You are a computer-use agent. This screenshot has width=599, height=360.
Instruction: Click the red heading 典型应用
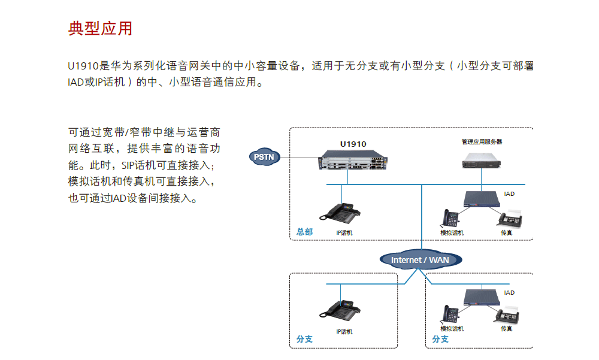coord(100,28)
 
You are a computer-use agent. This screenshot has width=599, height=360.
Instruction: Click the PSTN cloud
coord(264,157)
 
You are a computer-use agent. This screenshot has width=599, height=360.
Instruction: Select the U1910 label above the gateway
coord(353,144)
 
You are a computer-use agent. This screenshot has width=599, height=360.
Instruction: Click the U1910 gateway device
coord(353,162)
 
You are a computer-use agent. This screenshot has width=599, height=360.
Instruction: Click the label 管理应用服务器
coord(482,142)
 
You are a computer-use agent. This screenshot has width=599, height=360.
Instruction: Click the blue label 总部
coord(304,232)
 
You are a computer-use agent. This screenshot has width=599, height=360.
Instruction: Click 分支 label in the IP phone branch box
coord(304,339)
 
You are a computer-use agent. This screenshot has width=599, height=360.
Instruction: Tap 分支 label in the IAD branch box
coord(440,339)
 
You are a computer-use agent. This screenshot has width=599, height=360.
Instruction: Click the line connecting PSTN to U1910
coord(298,158)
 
